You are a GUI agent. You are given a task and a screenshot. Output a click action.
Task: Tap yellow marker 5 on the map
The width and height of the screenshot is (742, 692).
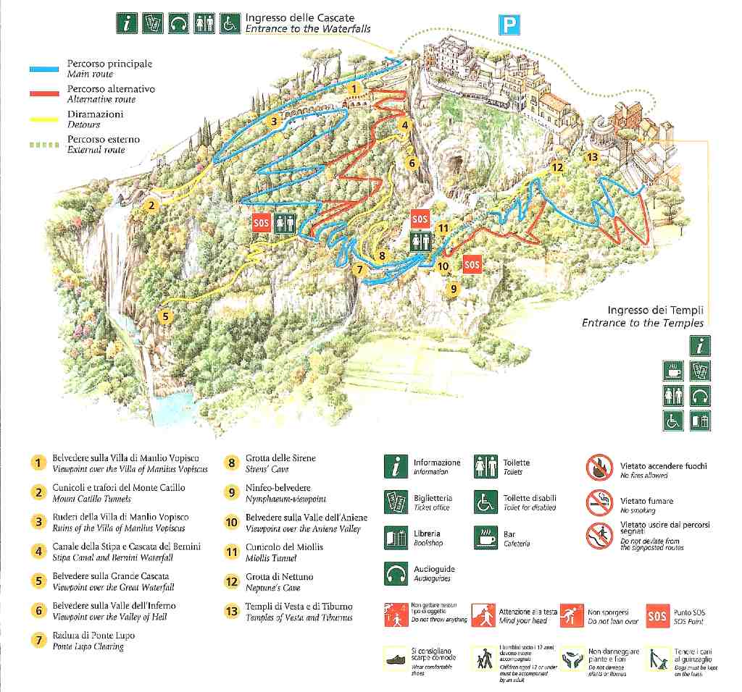(166, 316)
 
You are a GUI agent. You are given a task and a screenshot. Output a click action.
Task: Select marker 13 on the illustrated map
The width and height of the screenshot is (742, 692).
(592, 157)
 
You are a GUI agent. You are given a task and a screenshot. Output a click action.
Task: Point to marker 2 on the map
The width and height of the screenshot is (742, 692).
(151, 205)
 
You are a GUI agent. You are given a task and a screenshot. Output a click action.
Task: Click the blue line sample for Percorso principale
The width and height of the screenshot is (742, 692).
(43, 69)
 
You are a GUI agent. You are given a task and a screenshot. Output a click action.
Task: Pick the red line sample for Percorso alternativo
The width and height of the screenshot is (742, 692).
(43, 94)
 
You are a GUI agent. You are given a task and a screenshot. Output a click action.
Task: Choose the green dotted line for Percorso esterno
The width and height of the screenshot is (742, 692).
(43, 145)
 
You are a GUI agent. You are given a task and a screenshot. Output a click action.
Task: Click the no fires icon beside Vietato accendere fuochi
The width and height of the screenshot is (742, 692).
(600, 468)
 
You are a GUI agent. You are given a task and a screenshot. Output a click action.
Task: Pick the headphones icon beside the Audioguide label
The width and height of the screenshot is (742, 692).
(396, 573)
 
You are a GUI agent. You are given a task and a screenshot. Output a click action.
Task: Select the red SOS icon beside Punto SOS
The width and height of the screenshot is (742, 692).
(657, 617)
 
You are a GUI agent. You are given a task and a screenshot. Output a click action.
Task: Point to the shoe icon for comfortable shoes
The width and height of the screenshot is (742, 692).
(396, 660)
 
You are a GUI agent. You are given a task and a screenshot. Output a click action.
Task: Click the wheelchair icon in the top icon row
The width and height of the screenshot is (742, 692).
(230, 23)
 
